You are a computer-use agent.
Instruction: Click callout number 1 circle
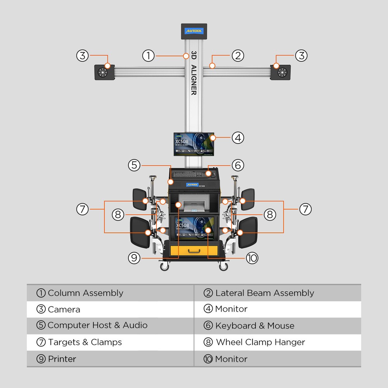coord(148,55)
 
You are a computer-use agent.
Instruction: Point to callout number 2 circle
coord(238,55)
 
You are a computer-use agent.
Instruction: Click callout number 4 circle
coord(238,137)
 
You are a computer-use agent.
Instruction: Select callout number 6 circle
coord(238,165)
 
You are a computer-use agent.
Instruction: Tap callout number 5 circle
coord(134,165)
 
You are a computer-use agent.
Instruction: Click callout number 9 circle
coord(134,258)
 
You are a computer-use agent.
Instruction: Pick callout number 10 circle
coord(252,258)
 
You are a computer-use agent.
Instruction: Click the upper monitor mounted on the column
coord(194,144)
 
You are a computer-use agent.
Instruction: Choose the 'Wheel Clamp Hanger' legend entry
coord(260,342)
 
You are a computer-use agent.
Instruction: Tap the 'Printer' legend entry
coord(62,359)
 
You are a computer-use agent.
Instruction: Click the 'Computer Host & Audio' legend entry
coord(97,325)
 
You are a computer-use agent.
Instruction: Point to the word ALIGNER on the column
coord(194,80)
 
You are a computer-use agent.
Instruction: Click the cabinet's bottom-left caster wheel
coord(165,266)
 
